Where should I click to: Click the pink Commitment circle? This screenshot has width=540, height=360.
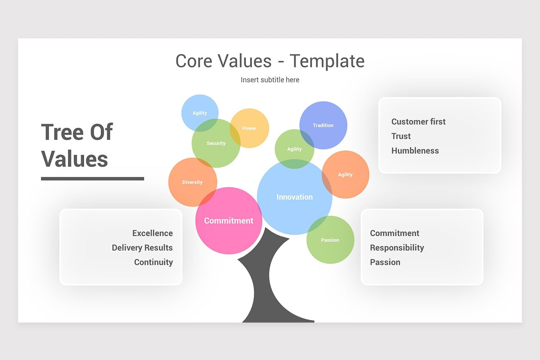[229, 221]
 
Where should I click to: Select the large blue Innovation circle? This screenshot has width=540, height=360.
[294, 197]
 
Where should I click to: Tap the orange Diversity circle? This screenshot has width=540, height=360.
[193, 182]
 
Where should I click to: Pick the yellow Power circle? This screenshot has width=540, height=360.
[249, 128]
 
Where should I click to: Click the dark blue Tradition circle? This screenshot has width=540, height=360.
[323, 125]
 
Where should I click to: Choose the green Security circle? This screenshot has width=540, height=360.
[216, 143]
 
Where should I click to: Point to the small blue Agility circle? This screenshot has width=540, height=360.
[200, 113]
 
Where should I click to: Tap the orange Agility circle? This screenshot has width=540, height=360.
[345, 175]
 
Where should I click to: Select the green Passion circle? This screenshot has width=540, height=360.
[330, 240]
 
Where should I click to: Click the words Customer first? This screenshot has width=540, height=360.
[418, 121]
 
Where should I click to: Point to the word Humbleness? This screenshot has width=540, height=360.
[415, 151]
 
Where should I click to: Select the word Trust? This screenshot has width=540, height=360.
[401, 136]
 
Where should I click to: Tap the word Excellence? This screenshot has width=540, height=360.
[153, 233]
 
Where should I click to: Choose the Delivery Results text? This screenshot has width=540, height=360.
[142, 247]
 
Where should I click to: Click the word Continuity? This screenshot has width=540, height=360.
[153, 262]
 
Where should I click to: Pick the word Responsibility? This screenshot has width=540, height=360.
[397, 247]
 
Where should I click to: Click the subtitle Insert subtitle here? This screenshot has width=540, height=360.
[270, 80]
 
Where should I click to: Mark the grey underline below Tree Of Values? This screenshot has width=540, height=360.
[92, 179]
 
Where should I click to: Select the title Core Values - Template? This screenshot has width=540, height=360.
[270, 61]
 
